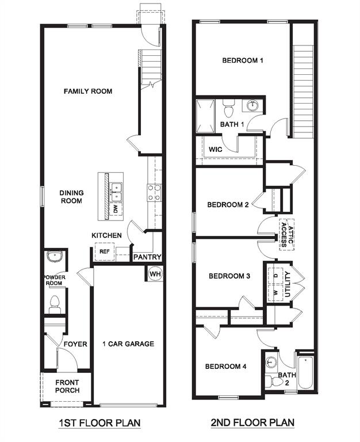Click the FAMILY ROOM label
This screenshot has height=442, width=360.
[88, 91]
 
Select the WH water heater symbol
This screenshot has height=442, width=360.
[155, 274]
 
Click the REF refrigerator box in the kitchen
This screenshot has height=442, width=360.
[104, 252]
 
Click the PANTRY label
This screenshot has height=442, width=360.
[148, 257]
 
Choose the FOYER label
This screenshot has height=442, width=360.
[75, 344]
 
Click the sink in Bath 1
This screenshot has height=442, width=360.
[252, 105]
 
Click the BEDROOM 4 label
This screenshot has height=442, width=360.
[226, 367]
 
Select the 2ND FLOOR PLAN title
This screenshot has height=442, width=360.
[252, 423]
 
